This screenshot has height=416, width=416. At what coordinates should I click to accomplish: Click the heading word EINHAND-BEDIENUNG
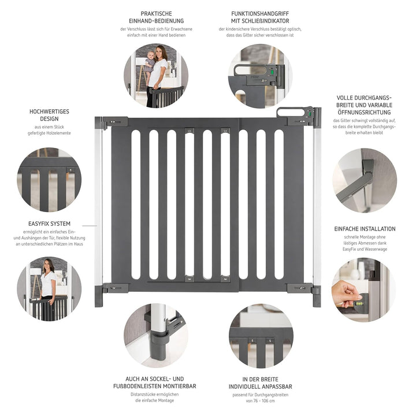tap(156, 21)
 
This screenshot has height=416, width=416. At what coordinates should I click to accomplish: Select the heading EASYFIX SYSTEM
tap(49, 224)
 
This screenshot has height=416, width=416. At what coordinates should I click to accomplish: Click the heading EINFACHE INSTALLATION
tap(365, 229)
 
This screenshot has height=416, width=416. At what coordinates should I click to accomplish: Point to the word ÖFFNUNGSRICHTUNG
tap(364, 112)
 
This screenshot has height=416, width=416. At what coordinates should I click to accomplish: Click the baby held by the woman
tap(150, 64)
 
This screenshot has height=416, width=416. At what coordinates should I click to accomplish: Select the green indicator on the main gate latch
tap(309, 114)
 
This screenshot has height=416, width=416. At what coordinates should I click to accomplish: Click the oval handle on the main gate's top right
tap(291, 112)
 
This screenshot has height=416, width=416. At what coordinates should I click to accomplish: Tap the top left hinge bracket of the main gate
tap(115, 122)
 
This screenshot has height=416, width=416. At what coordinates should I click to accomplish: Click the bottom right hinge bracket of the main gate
tap(300, 288)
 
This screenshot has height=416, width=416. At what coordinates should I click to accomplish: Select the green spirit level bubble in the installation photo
tap(359, 303)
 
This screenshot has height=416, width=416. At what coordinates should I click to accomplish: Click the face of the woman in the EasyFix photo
tap(48, 266)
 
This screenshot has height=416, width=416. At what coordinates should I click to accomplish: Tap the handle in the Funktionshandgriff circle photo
tap(248, 70)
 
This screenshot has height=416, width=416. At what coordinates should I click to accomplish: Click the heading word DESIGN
tap(49, 118)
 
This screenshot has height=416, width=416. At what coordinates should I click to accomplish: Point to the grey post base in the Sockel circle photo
tap(159, 346)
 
